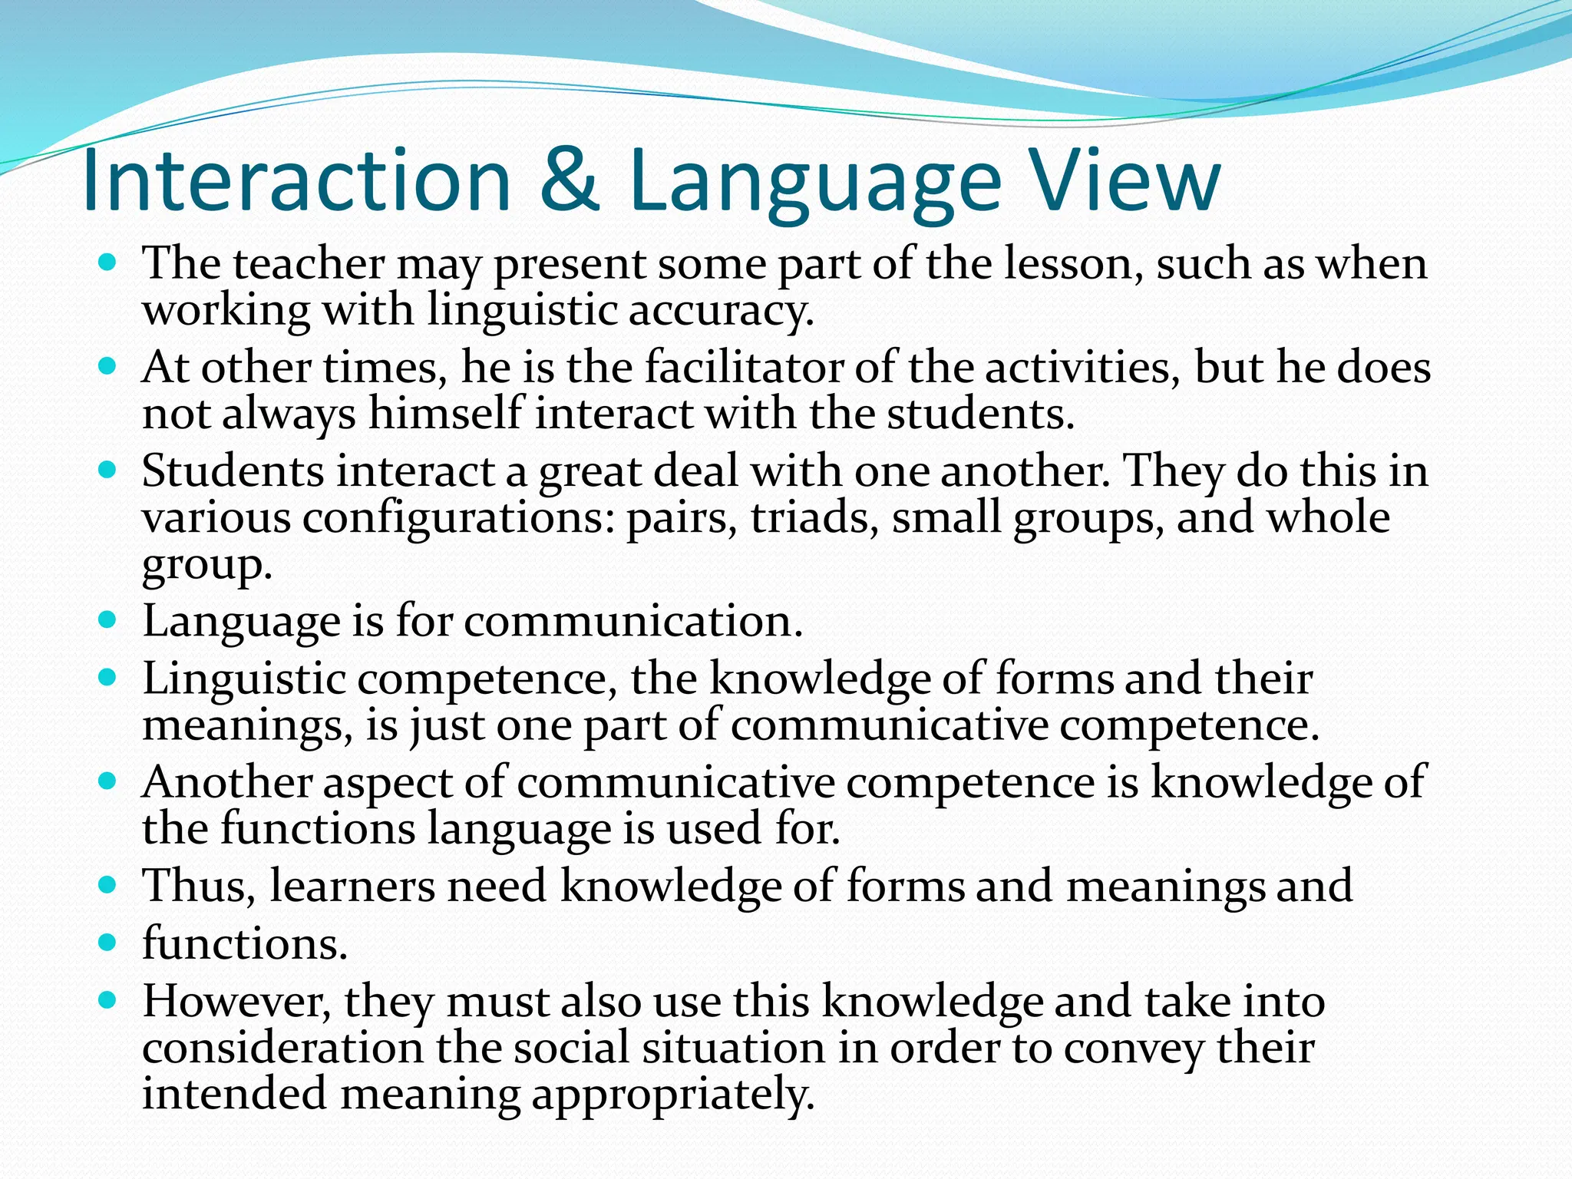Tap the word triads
814,518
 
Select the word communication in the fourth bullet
633,621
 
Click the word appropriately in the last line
672,1095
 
